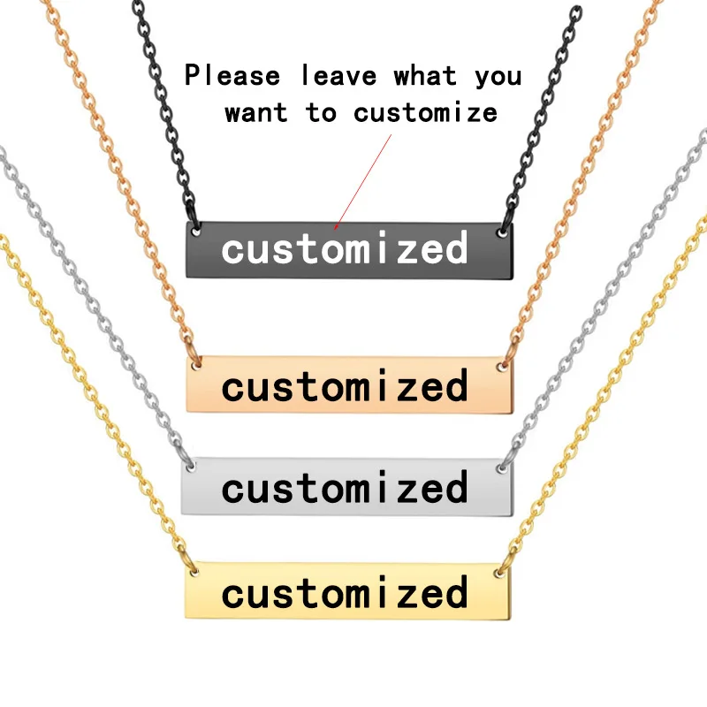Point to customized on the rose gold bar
[x=345, y=387]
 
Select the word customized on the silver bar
[x=345, y=488]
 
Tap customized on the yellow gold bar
[x=345, y=592]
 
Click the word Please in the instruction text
[x=232, y=77]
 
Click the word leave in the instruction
[x=339, y=77]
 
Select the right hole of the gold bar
[x=501, y=573]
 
